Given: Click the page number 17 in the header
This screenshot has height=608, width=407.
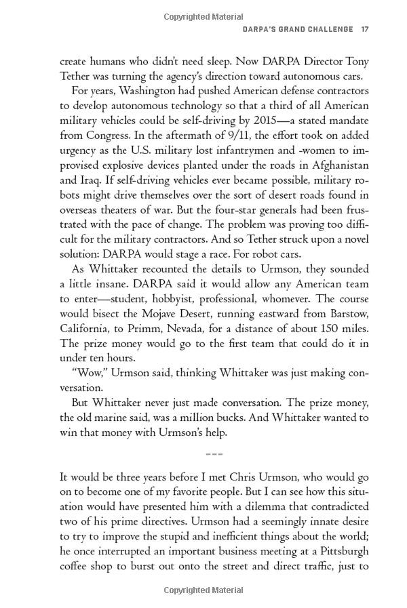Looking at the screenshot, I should coord(364,29).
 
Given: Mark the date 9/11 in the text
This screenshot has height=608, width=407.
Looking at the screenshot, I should coord(216,136).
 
